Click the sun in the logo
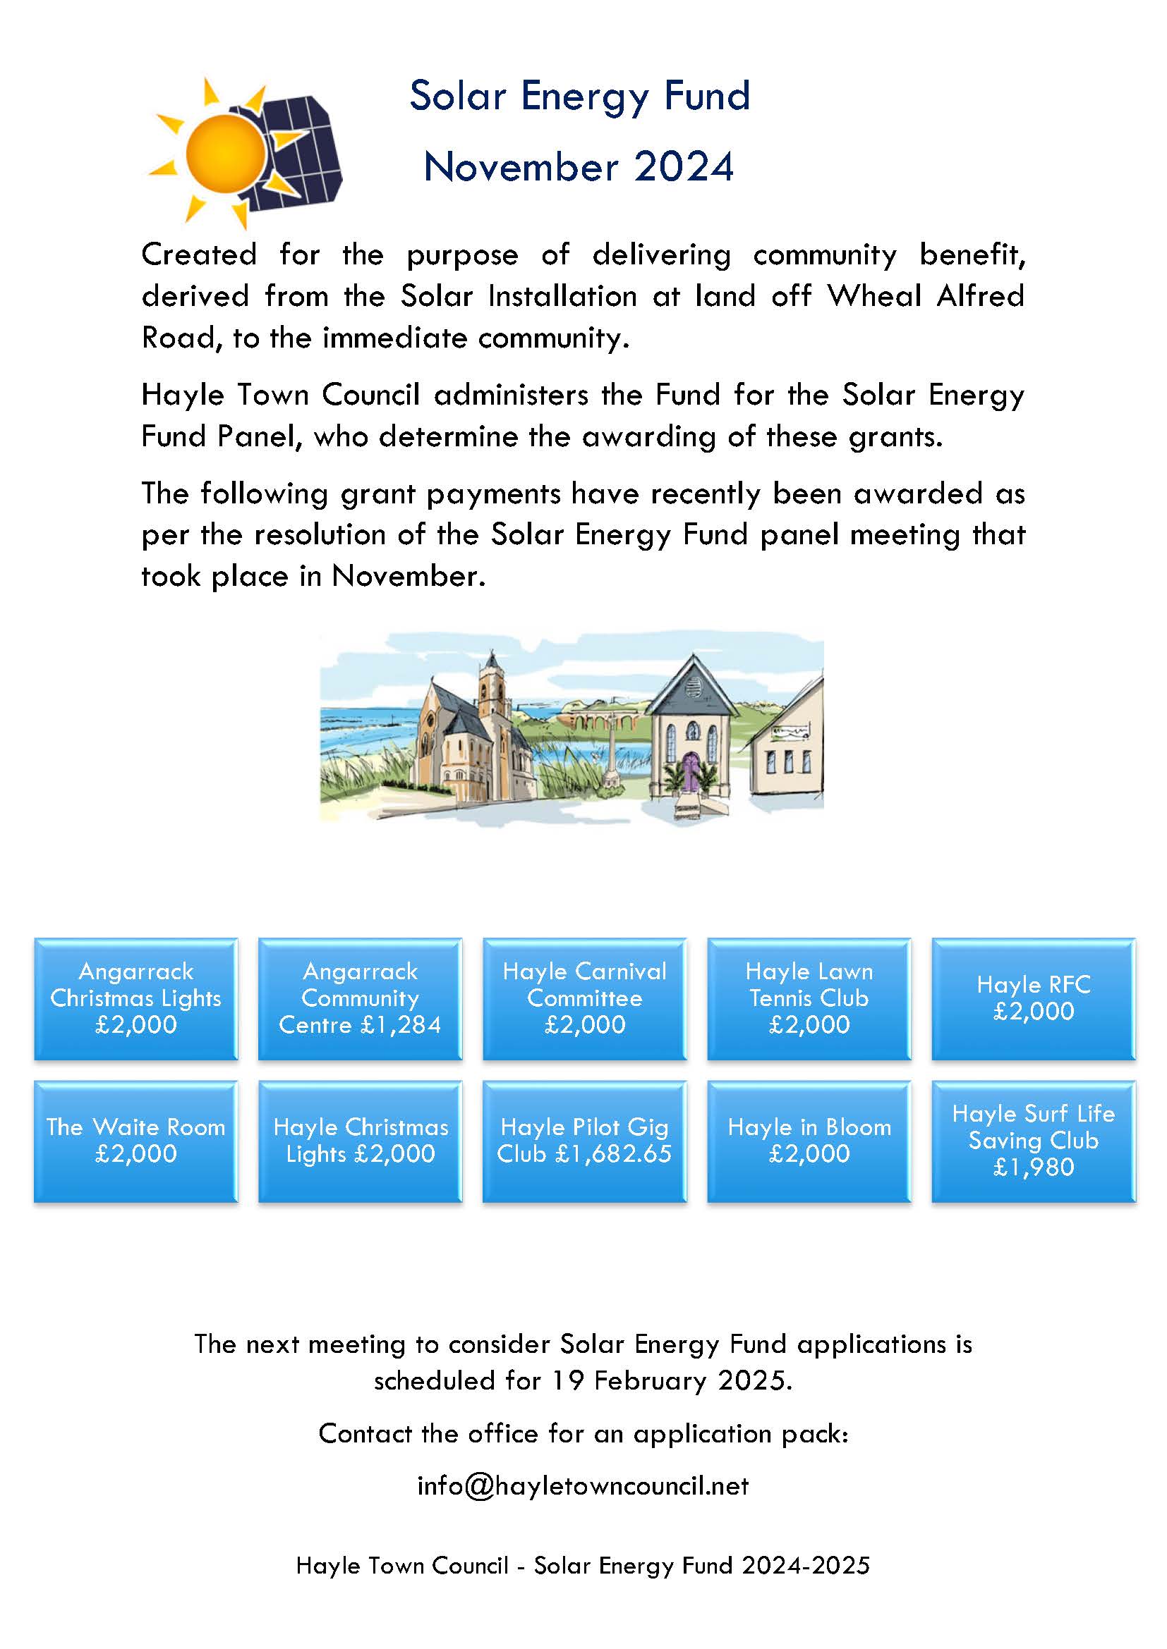(224, 152)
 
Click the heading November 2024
(579, 166)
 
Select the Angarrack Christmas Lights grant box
(135, 998)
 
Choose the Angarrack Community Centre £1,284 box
(360, 998)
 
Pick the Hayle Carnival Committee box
(584, 998)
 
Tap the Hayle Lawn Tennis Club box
(809, 998)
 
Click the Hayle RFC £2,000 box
(1034, 998)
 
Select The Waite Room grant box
(135, 1141)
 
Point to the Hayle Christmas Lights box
(360, 1141)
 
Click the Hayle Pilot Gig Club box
(584, 1141)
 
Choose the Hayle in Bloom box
(809, 1141)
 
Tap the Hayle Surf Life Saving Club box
(1034, 1141)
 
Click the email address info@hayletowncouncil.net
(583, 1485)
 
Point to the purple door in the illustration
(691, 772)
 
